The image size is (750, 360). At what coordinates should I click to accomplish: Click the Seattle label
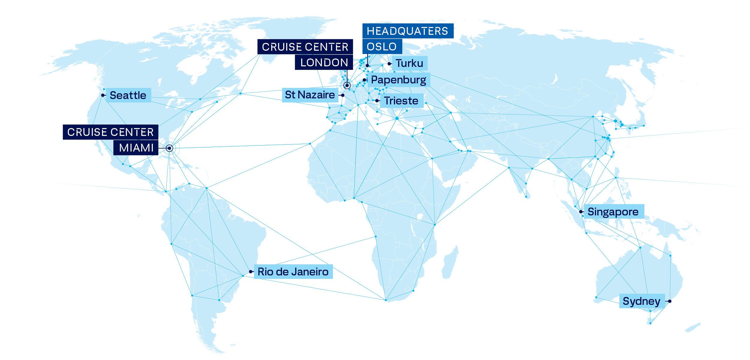(x=128, y=95)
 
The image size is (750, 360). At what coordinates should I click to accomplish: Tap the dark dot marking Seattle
(x=103, y=95)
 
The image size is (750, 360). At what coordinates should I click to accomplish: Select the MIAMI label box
(x=136, y=148)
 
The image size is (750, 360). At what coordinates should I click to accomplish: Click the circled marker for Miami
(x=169, y=148)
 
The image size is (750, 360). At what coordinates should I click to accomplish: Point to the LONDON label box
(x=324, y=62)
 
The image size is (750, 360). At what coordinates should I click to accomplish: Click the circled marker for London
(x=347, y=85)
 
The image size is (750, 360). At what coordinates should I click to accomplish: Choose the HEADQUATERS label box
(x=407, y=31)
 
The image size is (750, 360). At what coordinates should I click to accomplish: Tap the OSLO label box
(x=382, y=46)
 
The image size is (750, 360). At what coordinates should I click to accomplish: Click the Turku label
(x=409, y=63)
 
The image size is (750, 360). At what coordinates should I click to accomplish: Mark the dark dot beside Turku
(x=389, y=64)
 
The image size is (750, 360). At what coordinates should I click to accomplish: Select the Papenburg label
(x=399, y=80)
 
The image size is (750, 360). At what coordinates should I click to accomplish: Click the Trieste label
(x=401, y=101)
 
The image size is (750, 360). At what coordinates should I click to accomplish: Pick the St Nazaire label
(x=310, y=95)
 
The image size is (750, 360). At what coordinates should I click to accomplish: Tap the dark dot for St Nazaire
(x=343, y=95)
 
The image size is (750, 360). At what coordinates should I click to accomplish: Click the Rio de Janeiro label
(x=293, y=272)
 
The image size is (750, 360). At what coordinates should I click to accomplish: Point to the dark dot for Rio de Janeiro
(x=250, y=272)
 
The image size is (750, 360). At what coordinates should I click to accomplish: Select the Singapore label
(x=613, y=212)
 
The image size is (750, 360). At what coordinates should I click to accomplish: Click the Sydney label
(x=642, y=301)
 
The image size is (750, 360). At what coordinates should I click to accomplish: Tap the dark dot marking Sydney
(x=670, y=301)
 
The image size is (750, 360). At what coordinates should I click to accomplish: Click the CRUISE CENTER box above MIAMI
(x=110, y=132)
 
